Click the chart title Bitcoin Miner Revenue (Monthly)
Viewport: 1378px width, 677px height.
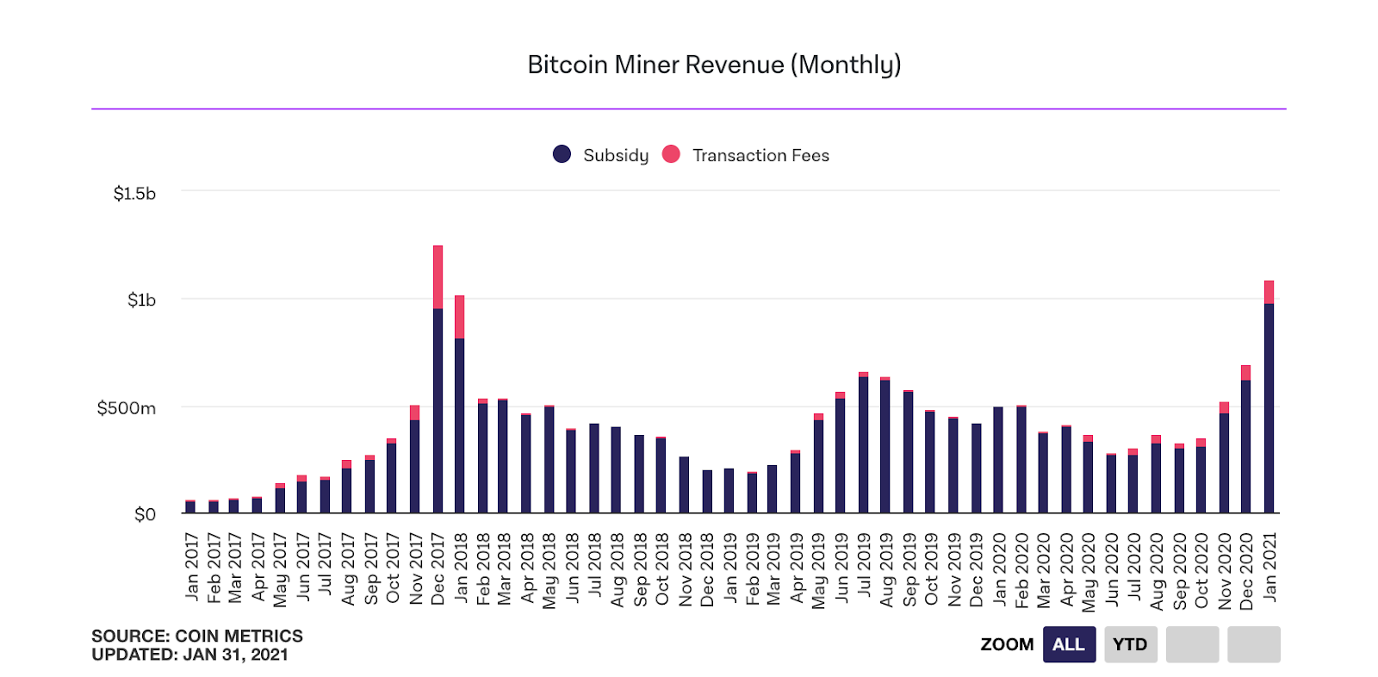pyautogui.click(x=714, y=65)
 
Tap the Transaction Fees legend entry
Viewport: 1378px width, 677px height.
pyautogui.click(x=746, y=155)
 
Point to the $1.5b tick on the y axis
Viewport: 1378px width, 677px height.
pyautogui.click(x=134, y=194)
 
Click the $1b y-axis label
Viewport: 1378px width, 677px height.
pyautogui.click(x=141, y=300)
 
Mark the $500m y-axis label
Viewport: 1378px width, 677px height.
pyautogui.click(x=127, y=407)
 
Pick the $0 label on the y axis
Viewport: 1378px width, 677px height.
pyautogui.click(x=145, y=514)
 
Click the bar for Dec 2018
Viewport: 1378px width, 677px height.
pyautogui.click(x=707, y=492)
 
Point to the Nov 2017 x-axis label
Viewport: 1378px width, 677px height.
pyautogui.click(x=415, y=568)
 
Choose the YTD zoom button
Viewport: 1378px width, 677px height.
pyautogui.click(x=1130, y=644)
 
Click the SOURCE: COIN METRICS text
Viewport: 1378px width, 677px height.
pyautogui.click(x=197, y=636)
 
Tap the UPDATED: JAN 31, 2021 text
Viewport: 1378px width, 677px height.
pyautogui.click(x=189, y=655)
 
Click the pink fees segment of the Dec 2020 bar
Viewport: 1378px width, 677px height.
pyautogui.click(x=1245, y=373)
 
